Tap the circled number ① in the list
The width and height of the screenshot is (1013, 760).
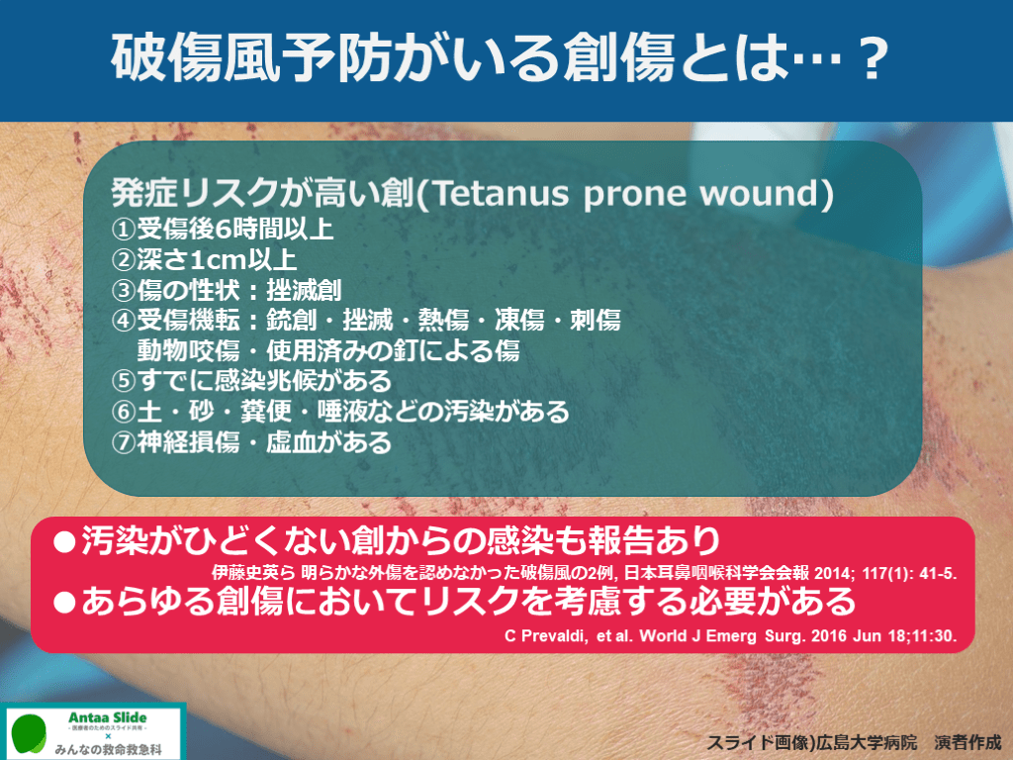124,229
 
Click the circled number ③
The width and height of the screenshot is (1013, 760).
124,290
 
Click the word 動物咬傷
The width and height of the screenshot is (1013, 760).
188,350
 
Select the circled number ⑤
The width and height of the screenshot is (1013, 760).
124,381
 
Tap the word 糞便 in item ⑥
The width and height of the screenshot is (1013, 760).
265,412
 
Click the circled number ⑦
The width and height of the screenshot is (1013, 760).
124,442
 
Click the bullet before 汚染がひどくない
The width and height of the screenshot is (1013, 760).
64,541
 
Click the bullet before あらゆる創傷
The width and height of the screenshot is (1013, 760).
64,603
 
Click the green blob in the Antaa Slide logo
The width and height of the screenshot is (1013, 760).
29,734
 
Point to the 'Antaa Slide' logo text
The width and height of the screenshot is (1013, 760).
107,717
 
